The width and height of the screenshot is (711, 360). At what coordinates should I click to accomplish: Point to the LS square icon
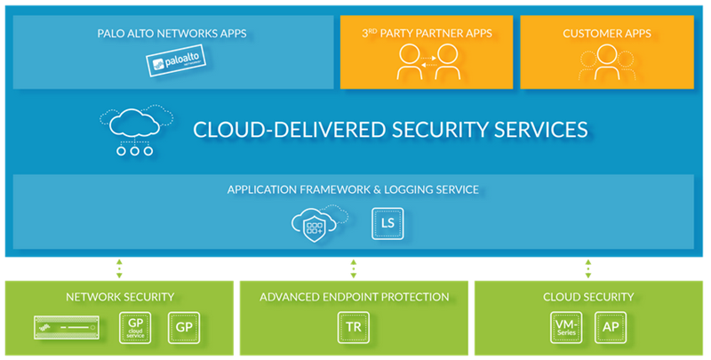coord(387,223)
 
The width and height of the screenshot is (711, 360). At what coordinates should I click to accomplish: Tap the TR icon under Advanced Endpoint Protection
coord(354,328)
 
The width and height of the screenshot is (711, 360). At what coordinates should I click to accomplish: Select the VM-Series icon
coord(563,328)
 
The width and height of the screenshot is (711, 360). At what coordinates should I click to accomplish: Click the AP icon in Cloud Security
coord(611,328)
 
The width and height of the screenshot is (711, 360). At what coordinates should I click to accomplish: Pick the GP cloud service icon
coord(136,328)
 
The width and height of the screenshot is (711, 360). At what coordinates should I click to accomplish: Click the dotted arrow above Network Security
coord(119,268)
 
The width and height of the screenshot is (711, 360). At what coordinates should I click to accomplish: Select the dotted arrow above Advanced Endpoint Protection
coord(354,268)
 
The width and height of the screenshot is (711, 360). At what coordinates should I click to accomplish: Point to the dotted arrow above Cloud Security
coord(587,268)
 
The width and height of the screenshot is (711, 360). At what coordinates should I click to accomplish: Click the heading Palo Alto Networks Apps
coord(172,34)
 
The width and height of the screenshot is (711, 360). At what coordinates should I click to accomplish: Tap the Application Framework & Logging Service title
coord(353,189)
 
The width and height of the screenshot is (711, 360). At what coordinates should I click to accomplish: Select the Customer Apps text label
coord(607,34)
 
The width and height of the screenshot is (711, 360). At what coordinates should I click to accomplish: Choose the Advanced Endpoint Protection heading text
coord(354,297)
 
